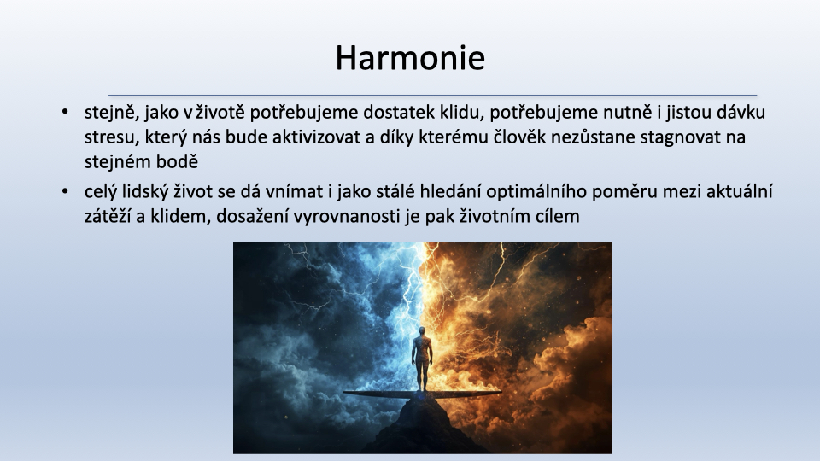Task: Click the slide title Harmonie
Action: point(410,57)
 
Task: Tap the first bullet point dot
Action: point(65,112)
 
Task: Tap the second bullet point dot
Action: point(65,191)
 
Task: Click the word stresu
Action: point(107,137)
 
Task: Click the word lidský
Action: point(145,192)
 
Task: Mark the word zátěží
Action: point(108,216)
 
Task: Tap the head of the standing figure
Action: point(422,331)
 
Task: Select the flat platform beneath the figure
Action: point(422,394)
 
